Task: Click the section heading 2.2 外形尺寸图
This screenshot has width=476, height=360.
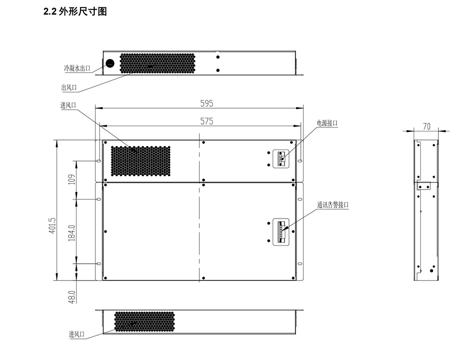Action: [75, 11]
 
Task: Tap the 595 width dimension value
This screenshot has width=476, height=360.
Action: [207, 104]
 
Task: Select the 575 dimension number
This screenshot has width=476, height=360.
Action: [207, 121]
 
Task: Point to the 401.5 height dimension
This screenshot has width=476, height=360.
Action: [52, 225]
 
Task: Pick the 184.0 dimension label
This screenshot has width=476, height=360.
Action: [72, 233]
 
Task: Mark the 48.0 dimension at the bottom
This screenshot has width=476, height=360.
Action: [72, 297]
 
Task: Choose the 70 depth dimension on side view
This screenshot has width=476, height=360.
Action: [426, 126]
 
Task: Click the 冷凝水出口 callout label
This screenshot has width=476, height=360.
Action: [77, 68]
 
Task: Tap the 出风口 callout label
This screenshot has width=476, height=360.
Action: [69, 88]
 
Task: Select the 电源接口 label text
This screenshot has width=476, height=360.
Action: [327, 123]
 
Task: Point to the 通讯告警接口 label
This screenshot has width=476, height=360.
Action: [333, 205]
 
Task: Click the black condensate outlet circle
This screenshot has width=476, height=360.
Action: [110, 63]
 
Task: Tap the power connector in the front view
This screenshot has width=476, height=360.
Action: [281, 159]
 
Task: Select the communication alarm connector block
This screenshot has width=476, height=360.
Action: [281, 232]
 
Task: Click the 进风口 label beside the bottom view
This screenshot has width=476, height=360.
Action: [77, 334]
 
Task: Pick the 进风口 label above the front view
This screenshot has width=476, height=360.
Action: [68, 105]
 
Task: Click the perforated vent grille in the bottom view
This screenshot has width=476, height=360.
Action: [144, 321]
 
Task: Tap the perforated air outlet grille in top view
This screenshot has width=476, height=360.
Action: [157, 63]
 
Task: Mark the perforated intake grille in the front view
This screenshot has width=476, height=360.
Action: [140, 161]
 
